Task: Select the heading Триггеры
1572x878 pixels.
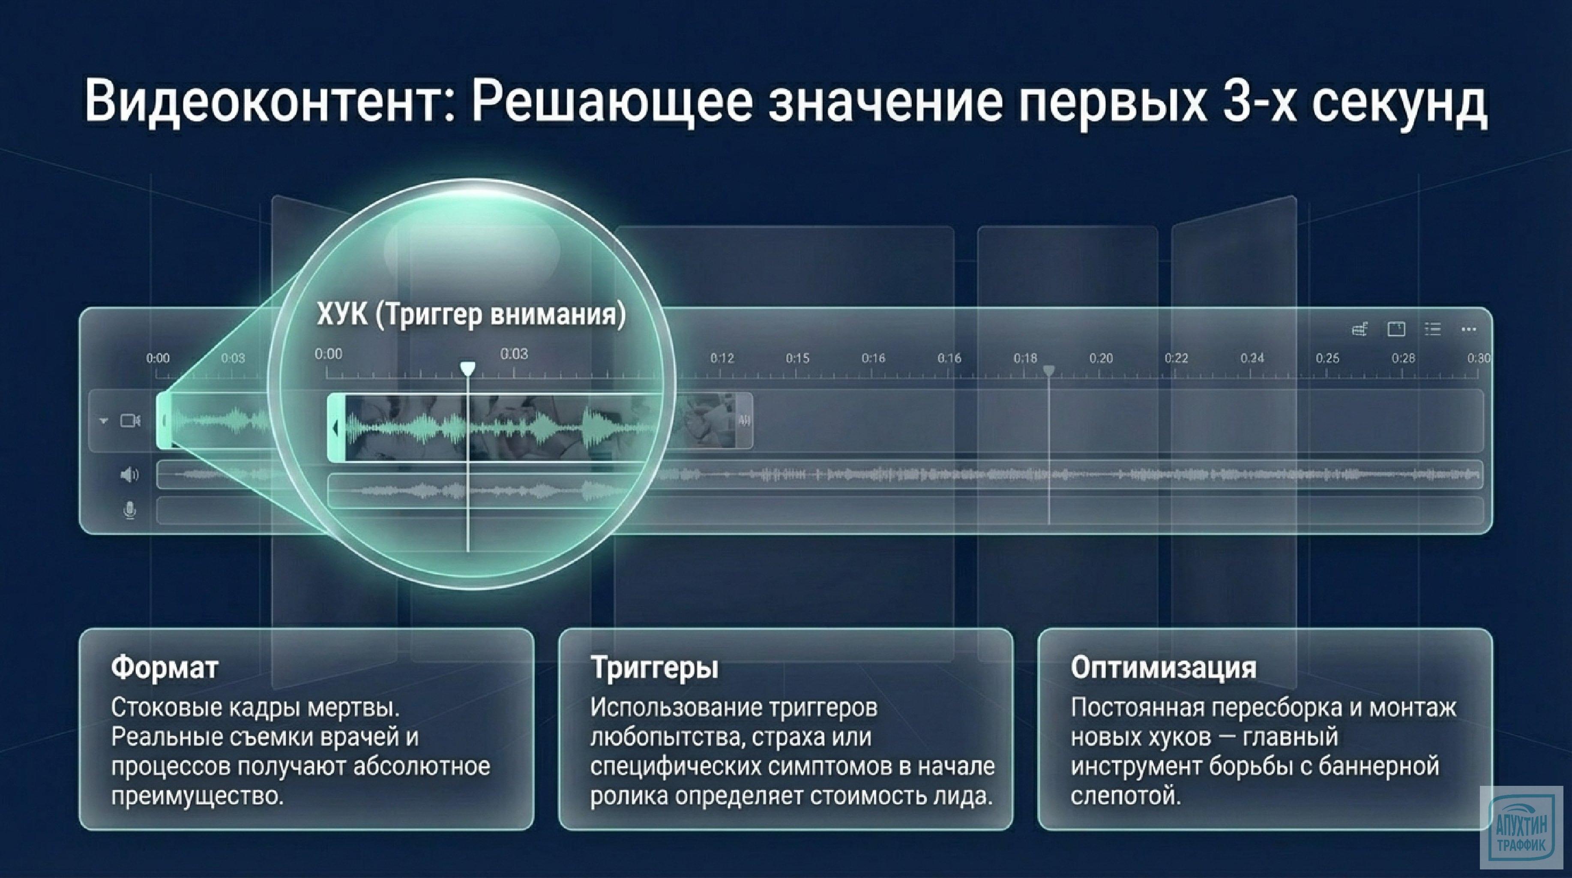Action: tap(654, 668)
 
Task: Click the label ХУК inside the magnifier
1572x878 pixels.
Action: tap(342, 315)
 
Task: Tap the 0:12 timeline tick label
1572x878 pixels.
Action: tap(722, 358)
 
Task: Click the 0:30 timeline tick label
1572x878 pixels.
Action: tap(1478, 358)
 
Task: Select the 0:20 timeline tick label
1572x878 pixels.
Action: tap(1101, 358)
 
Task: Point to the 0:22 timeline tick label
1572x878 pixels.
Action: tap(1176, 358)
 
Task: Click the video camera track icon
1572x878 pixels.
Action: tap(130, 421)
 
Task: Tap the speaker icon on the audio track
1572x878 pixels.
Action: tap(129, 475)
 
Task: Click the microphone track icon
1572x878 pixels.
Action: tap(129, 510)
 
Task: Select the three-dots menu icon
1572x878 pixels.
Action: tap(1468, 330)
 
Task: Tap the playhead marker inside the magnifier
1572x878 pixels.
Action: tap(467, 368)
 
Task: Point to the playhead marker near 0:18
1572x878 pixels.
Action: tap(1048, 370)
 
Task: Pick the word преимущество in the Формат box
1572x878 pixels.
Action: tap(197, 796)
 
